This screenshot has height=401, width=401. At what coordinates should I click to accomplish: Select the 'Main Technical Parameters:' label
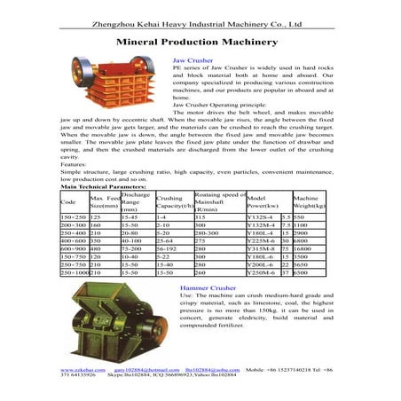point(103,187)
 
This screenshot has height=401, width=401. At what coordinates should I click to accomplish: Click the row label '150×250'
point(74,217)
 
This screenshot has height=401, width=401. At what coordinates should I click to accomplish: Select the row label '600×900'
point(74,250)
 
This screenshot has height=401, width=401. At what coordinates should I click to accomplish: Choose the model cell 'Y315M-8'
point(261,250)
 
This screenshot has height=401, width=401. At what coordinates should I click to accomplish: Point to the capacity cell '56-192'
point(168,250)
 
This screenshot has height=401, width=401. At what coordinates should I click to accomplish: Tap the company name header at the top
point(200,12)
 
